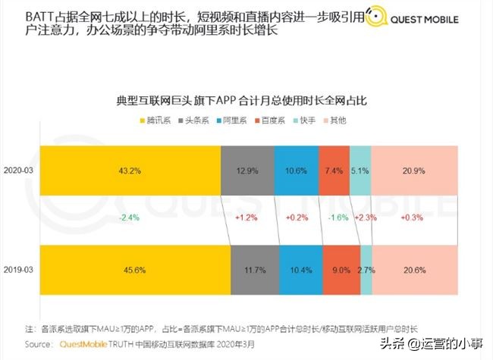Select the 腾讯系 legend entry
[155, 121]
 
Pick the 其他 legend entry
[335, 121]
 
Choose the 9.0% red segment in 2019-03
[341, 270]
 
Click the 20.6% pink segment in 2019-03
[414, 270]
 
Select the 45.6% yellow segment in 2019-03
[135, 270]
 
